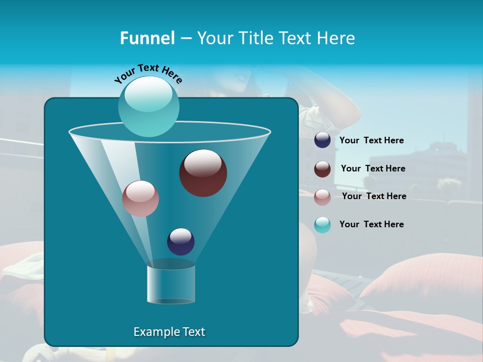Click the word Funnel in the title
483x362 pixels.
click(x=147, y=38)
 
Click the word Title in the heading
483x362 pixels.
click(x=256, y=38)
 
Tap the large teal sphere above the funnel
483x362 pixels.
click(x=148, y=106)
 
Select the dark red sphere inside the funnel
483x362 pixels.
click(x=203, y=173)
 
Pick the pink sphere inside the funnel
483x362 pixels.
click(x=140, y=199)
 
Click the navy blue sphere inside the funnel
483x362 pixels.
click(x=181, y=241)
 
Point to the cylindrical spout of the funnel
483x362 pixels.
click(x=171, y=284)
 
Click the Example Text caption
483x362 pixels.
click(x=169, y=332)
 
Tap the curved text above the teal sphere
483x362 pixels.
click(x=148, y=73)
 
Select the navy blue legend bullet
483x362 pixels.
click(x=323, y=140)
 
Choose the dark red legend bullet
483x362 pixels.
click(x=323, y=169)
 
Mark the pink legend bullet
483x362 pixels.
click(x=323, y=197)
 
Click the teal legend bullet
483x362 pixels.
click(x=323, y=225)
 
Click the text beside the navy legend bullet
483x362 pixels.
click(x=371, y=141)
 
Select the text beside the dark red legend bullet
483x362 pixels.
click(x=373, y=169)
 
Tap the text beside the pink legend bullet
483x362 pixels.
click(x=374, y=197)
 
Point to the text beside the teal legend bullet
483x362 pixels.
click(x=371, y=225)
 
